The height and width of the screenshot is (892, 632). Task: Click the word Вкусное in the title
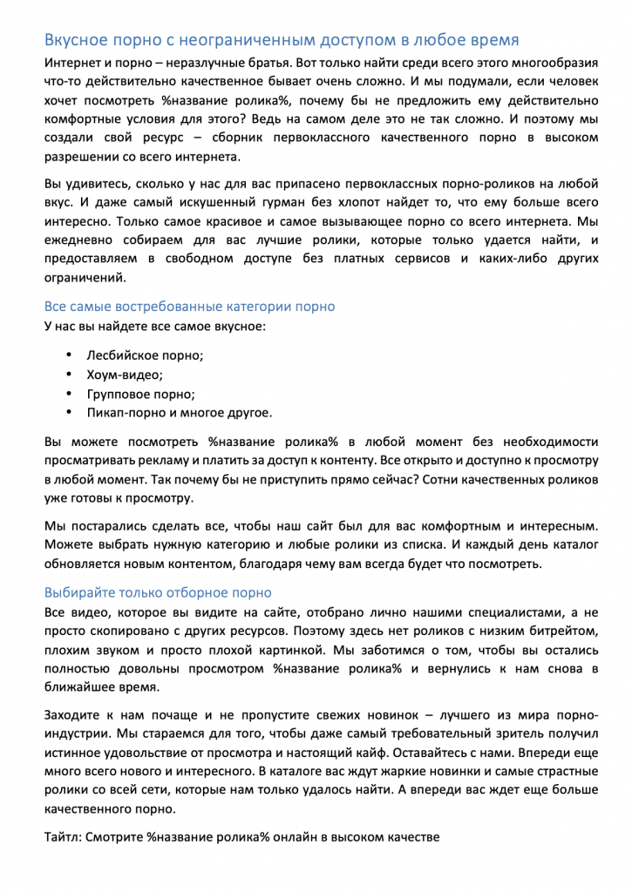pyautogui.click(x=78, y=40)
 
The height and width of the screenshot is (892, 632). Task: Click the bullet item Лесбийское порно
pyautogui.click(x=145, y=355)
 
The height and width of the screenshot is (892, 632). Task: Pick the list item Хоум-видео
pyautogui.click(x=125, y=375)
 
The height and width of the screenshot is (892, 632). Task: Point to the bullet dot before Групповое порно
pyautogui.click(x=69, y=394)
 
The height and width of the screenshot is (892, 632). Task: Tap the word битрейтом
pyautogui.click(x=567, y=632)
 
